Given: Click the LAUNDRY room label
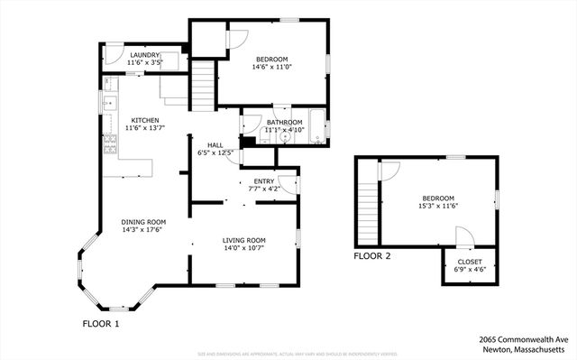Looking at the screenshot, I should [x=144, y=55].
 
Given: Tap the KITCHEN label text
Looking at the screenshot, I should [x=145, y=120].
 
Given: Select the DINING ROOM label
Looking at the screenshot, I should [x=144, y=221].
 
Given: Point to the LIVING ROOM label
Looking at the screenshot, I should [x=243, y=239].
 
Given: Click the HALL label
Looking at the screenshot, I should [x=215, y=145].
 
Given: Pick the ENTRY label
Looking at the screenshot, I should [x=263, y=181].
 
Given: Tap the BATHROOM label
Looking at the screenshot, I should [x=283, y=122].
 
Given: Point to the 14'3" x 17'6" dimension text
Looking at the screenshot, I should [x=144, y=229].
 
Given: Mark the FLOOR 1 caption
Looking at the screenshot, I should [x=101, y=322].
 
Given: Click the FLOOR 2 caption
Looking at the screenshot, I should [x=372, y=256].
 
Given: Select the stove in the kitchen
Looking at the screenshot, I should [x=111, y=143].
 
